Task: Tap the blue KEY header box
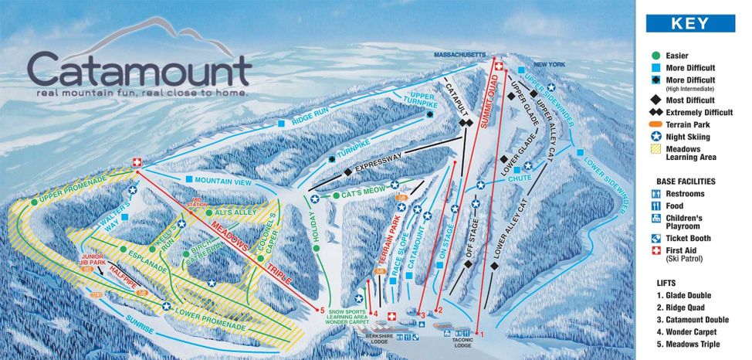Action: coord(689,23)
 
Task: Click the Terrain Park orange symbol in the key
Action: coord(655,124)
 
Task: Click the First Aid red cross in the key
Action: coord(655,251)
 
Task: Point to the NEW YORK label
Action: coord(550,64)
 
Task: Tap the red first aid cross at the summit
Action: coord(499,66)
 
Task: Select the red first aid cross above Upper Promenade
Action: coord(137,162)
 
